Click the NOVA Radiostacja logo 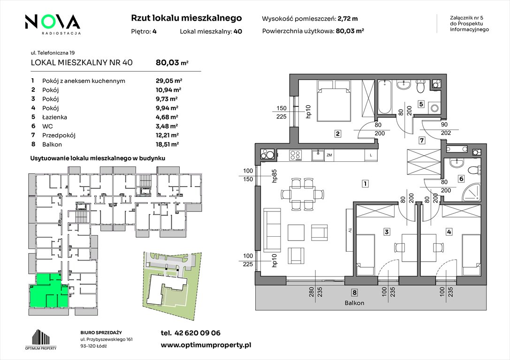(x=53, y=24)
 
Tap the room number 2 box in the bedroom (x=338, y=133)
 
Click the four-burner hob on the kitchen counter (x=295, y=155)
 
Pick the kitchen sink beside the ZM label (x=318, y=155)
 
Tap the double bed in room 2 (x=334, y=100)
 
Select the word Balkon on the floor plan (x=354, y=303)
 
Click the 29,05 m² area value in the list (x=169, y=81)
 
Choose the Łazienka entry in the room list (x=54, y=117)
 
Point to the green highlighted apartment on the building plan (x=49, y=291)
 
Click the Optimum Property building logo (x=41, y=339)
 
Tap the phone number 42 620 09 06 (x=198, y=333)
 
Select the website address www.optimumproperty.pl (x=206, y=345)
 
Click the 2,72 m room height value (x=348, y=19)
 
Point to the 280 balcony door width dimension (x=311, y=294)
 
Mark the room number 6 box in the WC (x=461, y=179)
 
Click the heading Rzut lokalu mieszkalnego (x=186, y=18)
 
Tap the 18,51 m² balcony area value (x=167, y=144)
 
